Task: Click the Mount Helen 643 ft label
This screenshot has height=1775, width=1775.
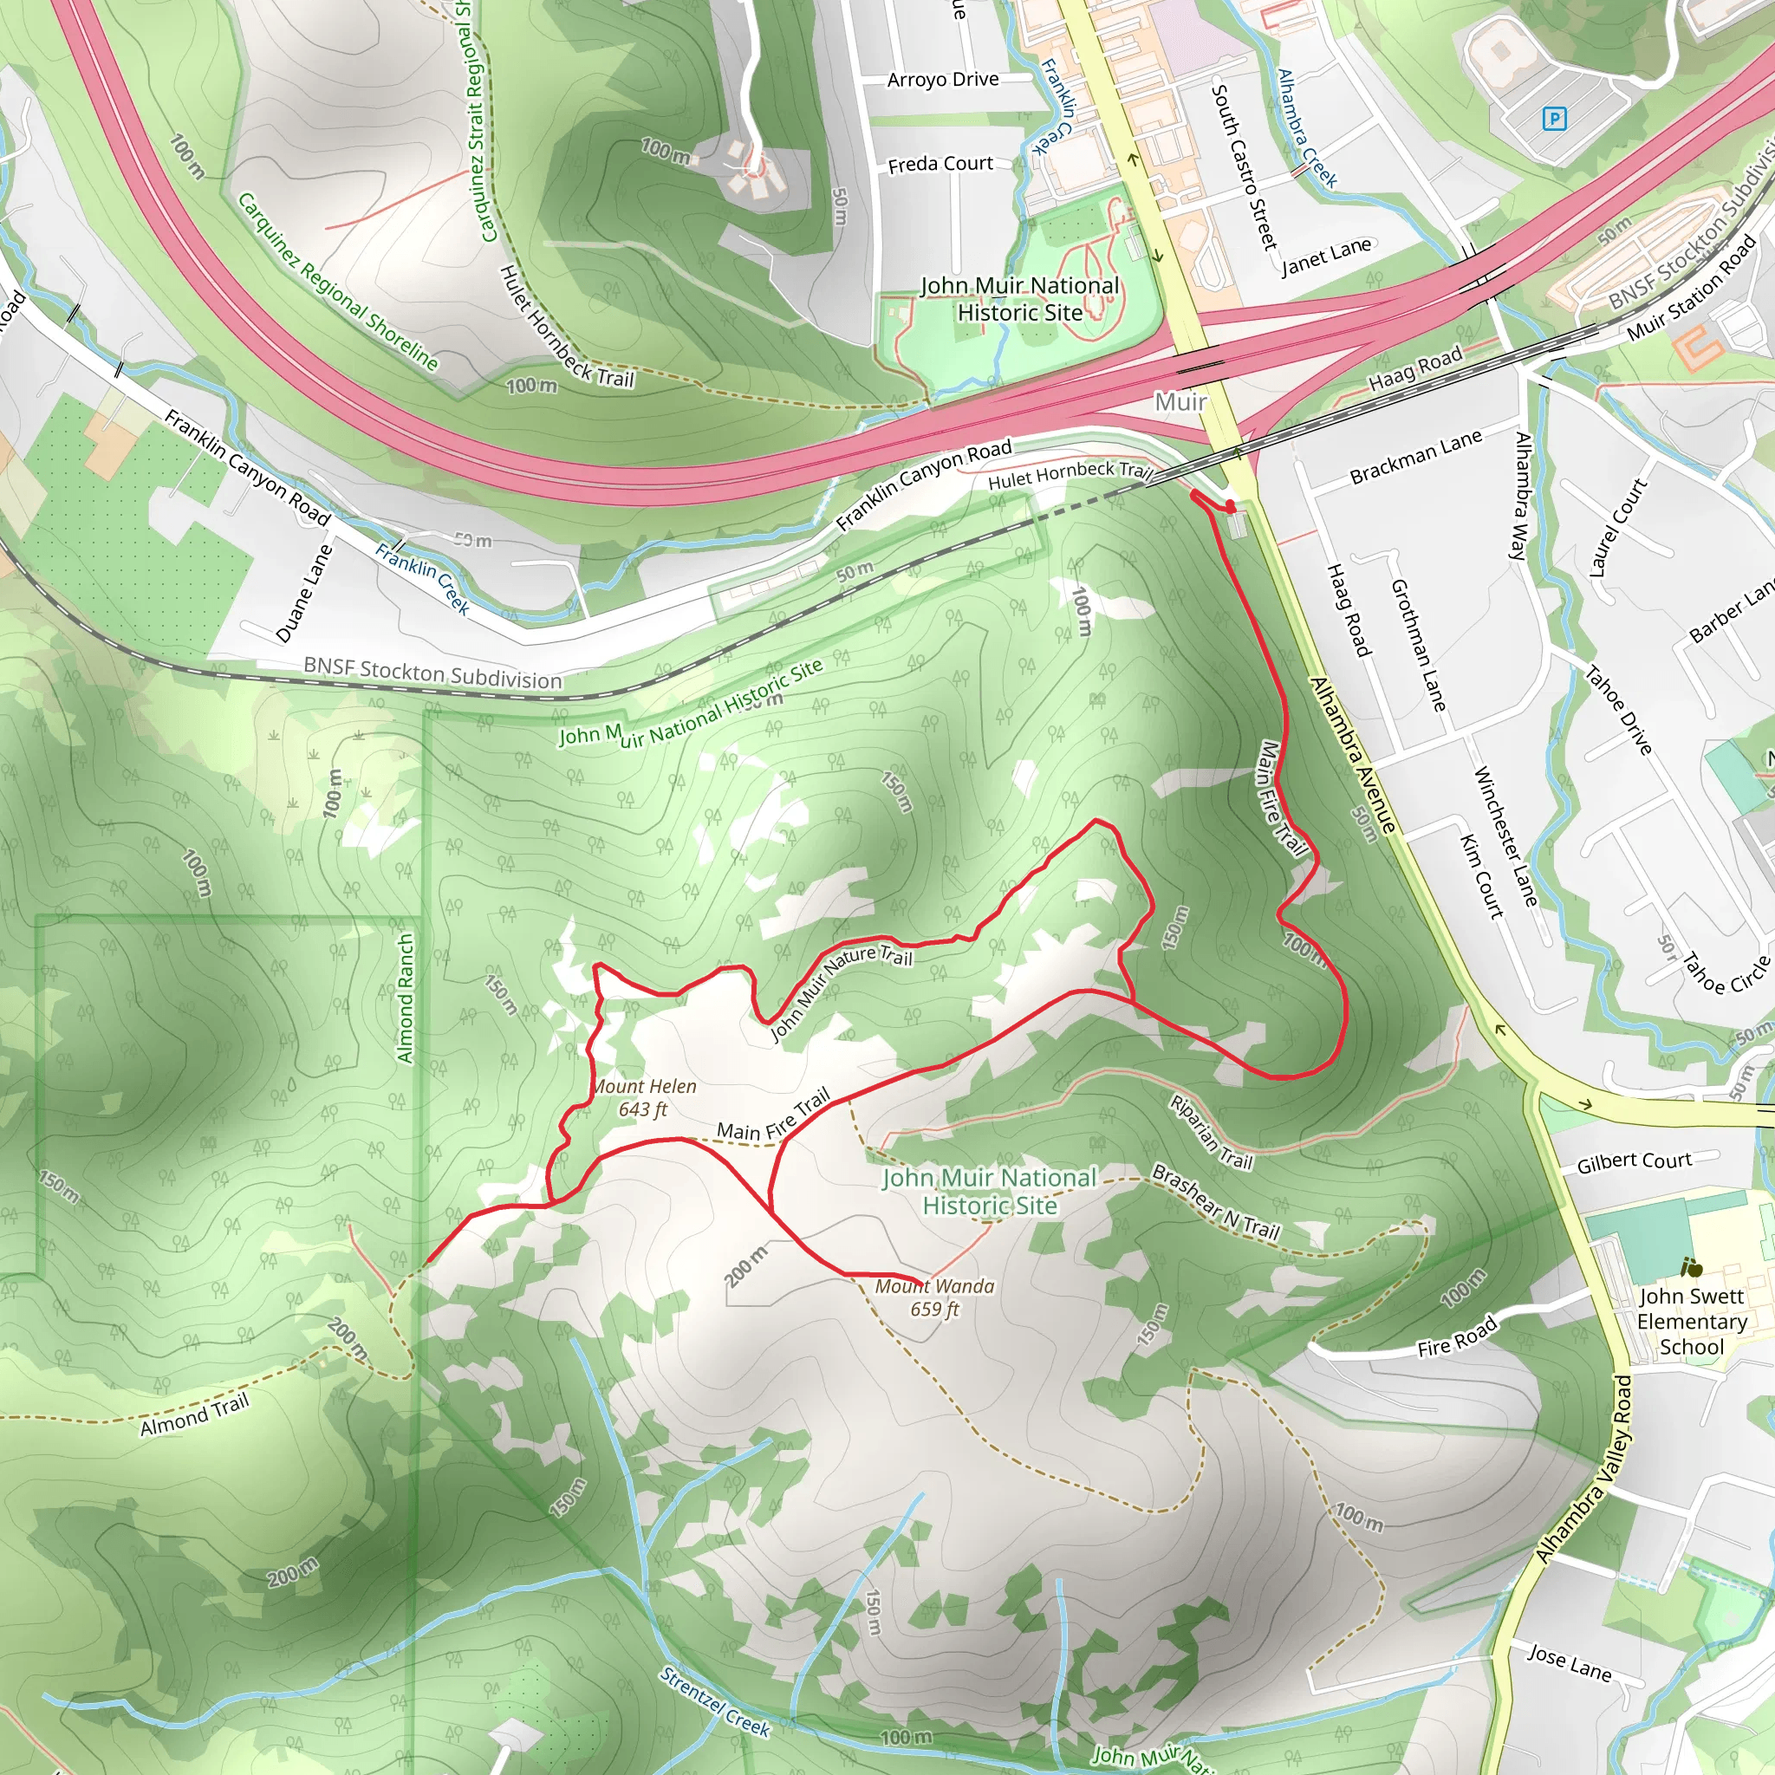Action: [644, 1097]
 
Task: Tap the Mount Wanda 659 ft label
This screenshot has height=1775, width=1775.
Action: [934, 1297]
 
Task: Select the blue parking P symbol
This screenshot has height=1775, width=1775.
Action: [1555, 119]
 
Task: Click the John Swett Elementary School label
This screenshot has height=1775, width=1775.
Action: [1692, 1321]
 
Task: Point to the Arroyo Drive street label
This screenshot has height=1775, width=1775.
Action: [943, 80]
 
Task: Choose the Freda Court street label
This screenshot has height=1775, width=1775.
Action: [940, 165]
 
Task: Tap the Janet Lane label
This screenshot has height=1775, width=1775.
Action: [1326, 257]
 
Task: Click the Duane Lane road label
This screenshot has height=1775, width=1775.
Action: [304, 594]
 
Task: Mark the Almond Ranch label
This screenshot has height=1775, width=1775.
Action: [405, 998]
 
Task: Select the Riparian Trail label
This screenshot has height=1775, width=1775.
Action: [1211, 1132]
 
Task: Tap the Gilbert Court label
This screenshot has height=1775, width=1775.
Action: [1635, 1162]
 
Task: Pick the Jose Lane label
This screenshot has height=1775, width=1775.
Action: [1570, 1663]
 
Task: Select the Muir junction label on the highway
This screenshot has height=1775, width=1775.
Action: [1180, 401]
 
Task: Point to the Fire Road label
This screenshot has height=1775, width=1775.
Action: [1457, 1336]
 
